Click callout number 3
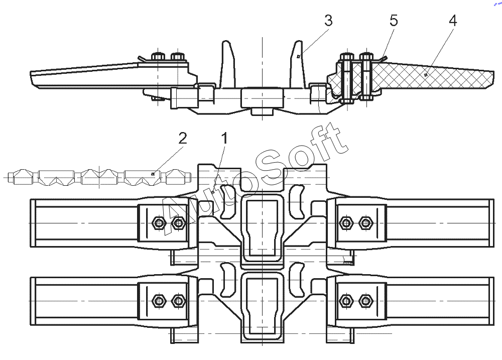coord(328,21)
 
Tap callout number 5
coord(394,21)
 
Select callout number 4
coord(452,21)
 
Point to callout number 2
coord(183,139)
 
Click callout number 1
coord(225,139)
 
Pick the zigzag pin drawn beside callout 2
coord(99,177)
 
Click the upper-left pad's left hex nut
coord(158,222)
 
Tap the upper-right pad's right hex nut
coord(365,222)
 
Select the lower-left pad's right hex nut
coord(177,300)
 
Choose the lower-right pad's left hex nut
coord(346,300)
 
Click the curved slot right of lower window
coord(297,280)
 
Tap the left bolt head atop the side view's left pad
coord(158,56)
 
